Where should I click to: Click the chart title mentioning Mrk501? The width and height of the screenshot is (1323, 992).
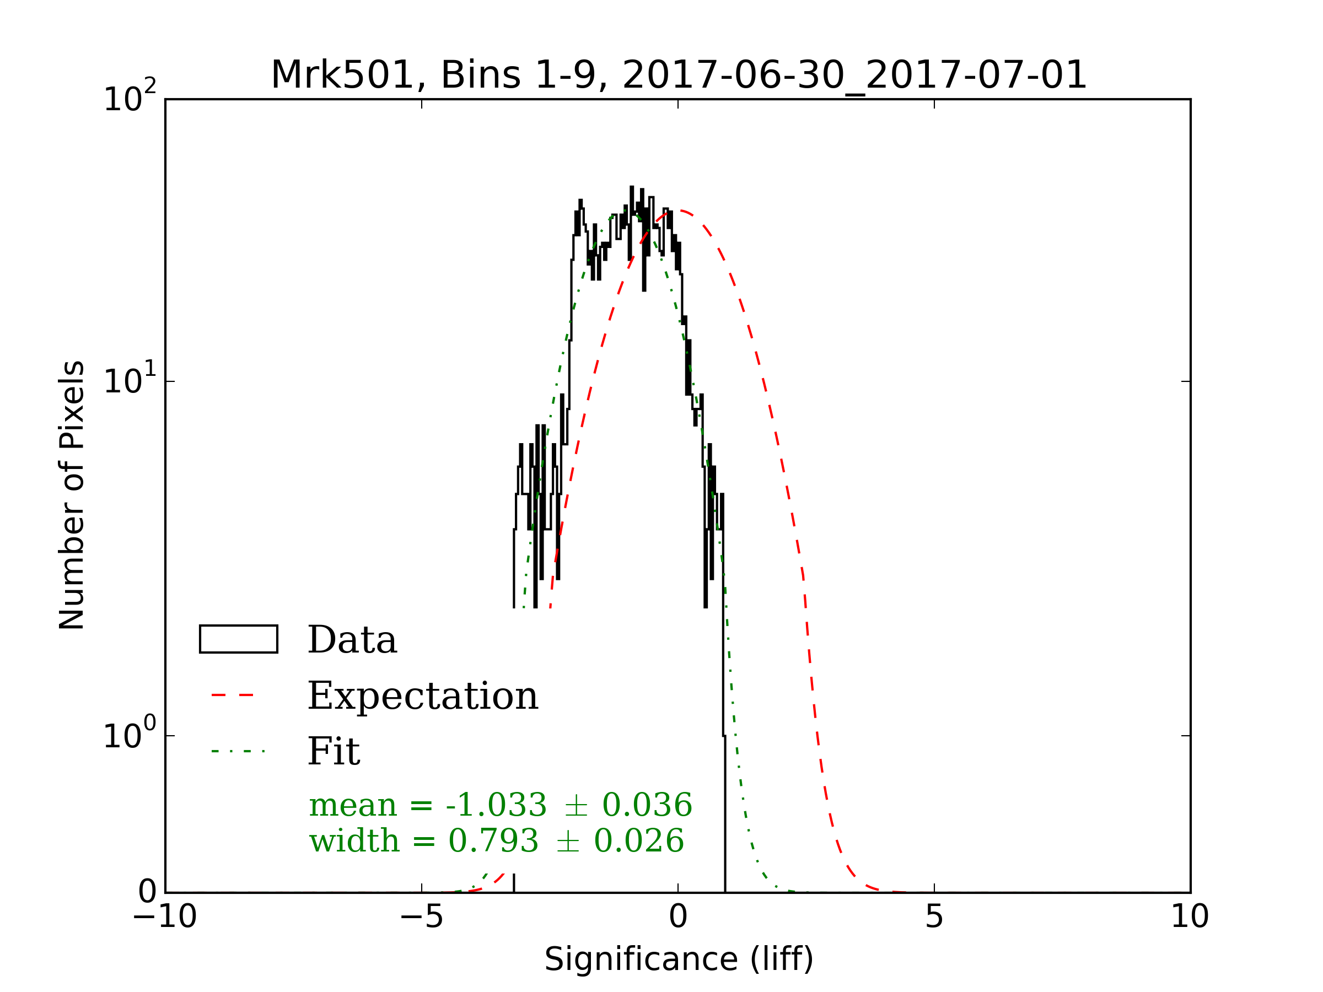[678, 76]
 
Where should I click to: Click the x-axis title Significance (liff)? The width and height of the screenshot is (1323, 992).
[678, 959]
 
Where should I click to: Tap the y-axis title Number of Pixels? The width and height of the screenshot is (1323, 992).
[72, 495]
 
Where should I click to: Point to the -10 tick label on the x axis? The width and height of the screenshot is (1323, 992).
[165, 916]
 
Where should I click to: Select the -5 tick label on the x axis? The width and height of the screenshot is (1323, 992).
[422, 916]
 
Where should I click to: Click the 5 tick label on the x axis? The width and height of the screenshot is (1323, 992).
[934, 916]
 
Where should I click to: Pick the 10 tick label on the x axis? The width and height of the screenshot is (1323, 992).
[1190, 916]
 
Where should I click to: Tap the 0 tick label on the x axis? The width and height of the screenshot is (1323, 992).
[678, 916]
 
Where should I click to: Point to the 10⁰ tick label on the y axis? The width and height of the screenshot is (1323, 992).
[129, 734]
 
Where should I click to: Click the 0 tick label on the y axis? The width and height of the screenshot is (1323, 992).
[147, 892]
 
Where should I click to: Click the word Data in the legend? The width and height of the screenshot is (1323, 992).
[352, 640]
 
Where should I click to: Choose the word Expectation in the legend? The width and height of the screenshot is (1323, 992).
[423, 696]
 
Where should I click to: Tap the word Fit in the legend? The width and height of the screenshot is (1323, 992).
[334, 752]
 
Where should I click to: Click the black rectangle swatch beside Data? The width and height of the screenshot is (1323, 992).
[239, 639]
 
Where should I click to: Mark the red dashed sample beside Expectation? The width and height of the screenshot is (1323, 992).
[233, 696]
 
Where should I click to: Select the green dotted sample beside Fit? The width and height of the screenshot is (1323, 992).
[238, 751]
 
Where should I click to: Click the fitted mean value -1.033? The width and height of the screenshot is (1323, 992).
[496, 805]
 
